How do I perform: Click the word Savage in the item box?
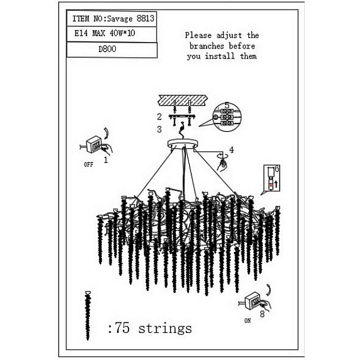pos(120,19)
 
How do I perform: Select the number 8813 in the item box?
pos(145,19)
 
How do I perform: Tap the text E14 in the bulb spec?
pos(81,33)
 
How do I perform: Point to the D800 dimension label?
pos(107,49)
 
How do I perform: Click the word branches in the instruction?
pos(206,46)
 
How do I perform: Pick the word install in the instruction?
pos(220,56)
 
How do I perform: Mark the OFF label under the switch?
pos(89,164)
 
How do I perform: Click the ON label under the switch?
pos(247,320)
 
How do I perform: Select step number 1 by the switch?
pos(106,160)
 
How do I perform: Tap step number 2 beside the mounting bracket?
pos(160,117)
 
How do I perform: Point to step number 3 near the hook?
pos(160,130)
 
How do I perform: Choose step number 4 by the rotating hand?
pos(232,150)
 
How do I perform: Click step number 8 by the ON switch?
pos(262,314)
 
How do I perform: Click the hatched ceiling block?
pos(183,101)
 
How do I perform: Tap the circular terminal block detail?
pos(227,117)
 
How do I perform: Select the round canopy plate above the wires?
pos(183,144)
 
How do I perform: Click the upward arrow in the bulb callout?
pos(276,184)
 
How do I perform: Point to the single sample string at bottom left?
pos(88,316)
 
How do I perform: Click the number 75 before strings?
pos(122,328)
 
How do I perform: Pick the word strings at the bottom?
pos(165,328)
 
